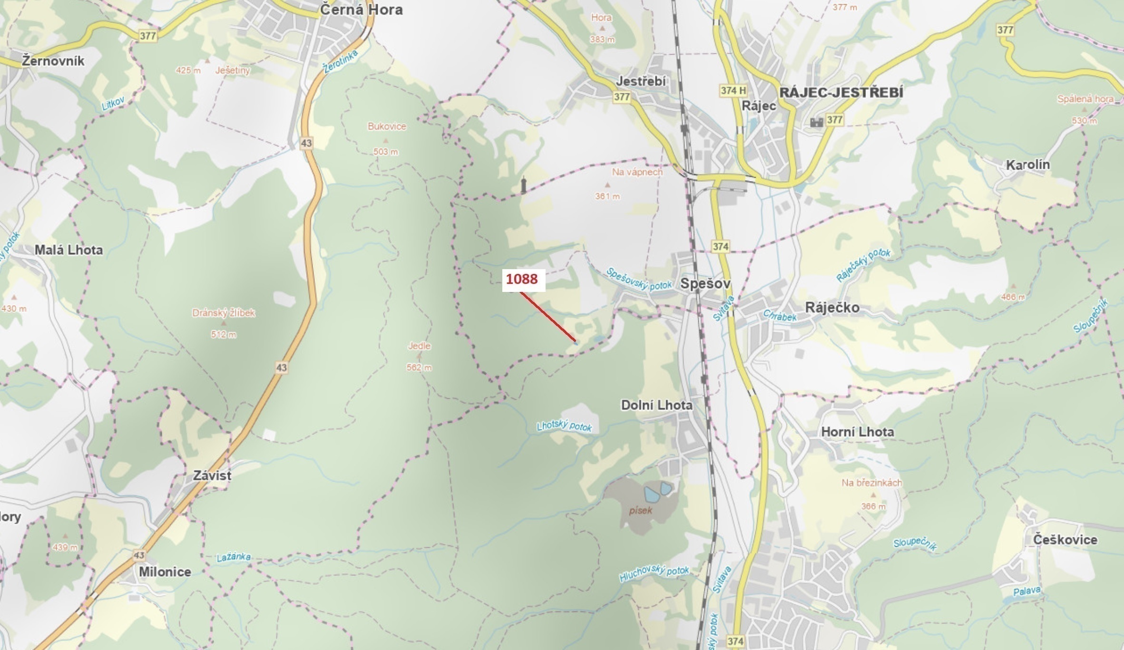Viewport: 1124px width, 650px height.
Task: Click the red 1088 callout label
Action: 522,279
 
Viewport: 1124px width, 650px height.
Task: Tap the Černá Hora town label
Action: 361,10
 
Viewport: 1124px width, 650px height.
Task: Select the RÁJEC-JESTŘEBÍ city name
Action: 841,92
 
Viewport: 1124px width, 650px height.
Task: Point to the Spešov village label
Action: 705,284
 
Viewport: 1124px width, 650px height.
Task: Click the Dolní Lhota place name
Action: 656,405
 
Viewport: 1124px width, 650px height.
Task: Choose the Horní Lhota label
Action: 857,432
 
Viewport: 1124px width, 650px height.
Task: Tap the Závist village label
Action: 212,475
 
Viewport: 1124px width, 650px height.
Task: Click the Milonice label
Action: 165,572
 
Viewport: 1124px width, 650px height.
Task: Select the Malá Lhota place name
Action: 68,250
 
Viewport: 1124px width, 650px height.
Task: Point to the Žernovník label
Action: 53,61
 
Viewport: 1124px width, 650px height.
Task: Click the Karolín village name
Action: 1027,165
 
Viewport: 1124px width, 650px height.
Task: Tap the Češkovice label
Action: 1065,540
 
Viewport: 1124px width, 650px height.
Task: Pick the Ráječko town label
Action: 832,308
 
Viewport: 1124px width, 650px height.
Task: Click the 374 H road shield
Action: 733,90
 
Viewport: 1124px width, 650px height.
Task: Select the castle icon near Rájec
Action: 816,122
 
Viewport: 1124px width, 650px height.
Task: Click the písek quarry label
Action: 640,511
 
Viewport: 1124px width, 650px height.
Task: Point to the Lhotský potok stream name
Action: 564,426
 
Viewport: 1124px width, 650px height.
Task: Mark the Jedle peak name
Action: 419,346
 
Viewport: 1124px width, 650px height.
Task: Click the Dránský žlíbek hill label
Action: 224,313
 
